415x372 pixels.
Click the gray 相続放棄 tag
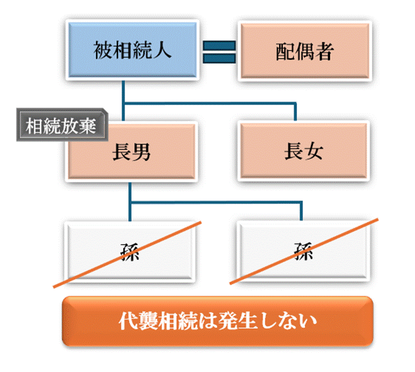point(61,126)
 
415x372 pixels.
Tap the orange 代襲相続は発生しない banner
point(218,322)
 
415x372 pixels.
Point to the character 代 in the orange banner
point(129,322)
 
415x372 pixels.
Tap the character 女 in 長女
point(315,152)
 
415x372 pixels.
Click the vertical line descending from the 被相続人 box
point(125,92)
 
